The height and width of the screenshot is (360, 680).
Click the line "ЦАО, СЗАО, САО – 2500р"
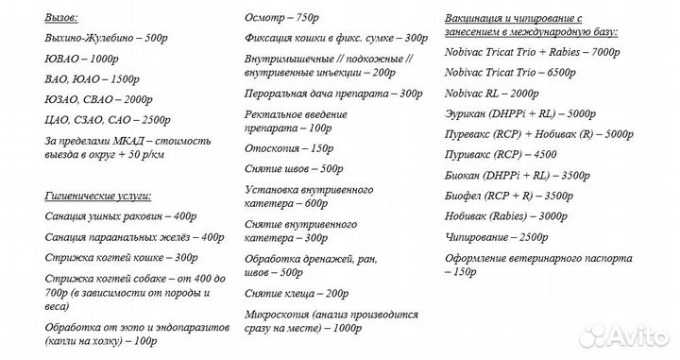(107, 120)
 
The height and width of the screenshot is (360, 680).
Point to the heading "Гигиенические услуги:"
(97, 196)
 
